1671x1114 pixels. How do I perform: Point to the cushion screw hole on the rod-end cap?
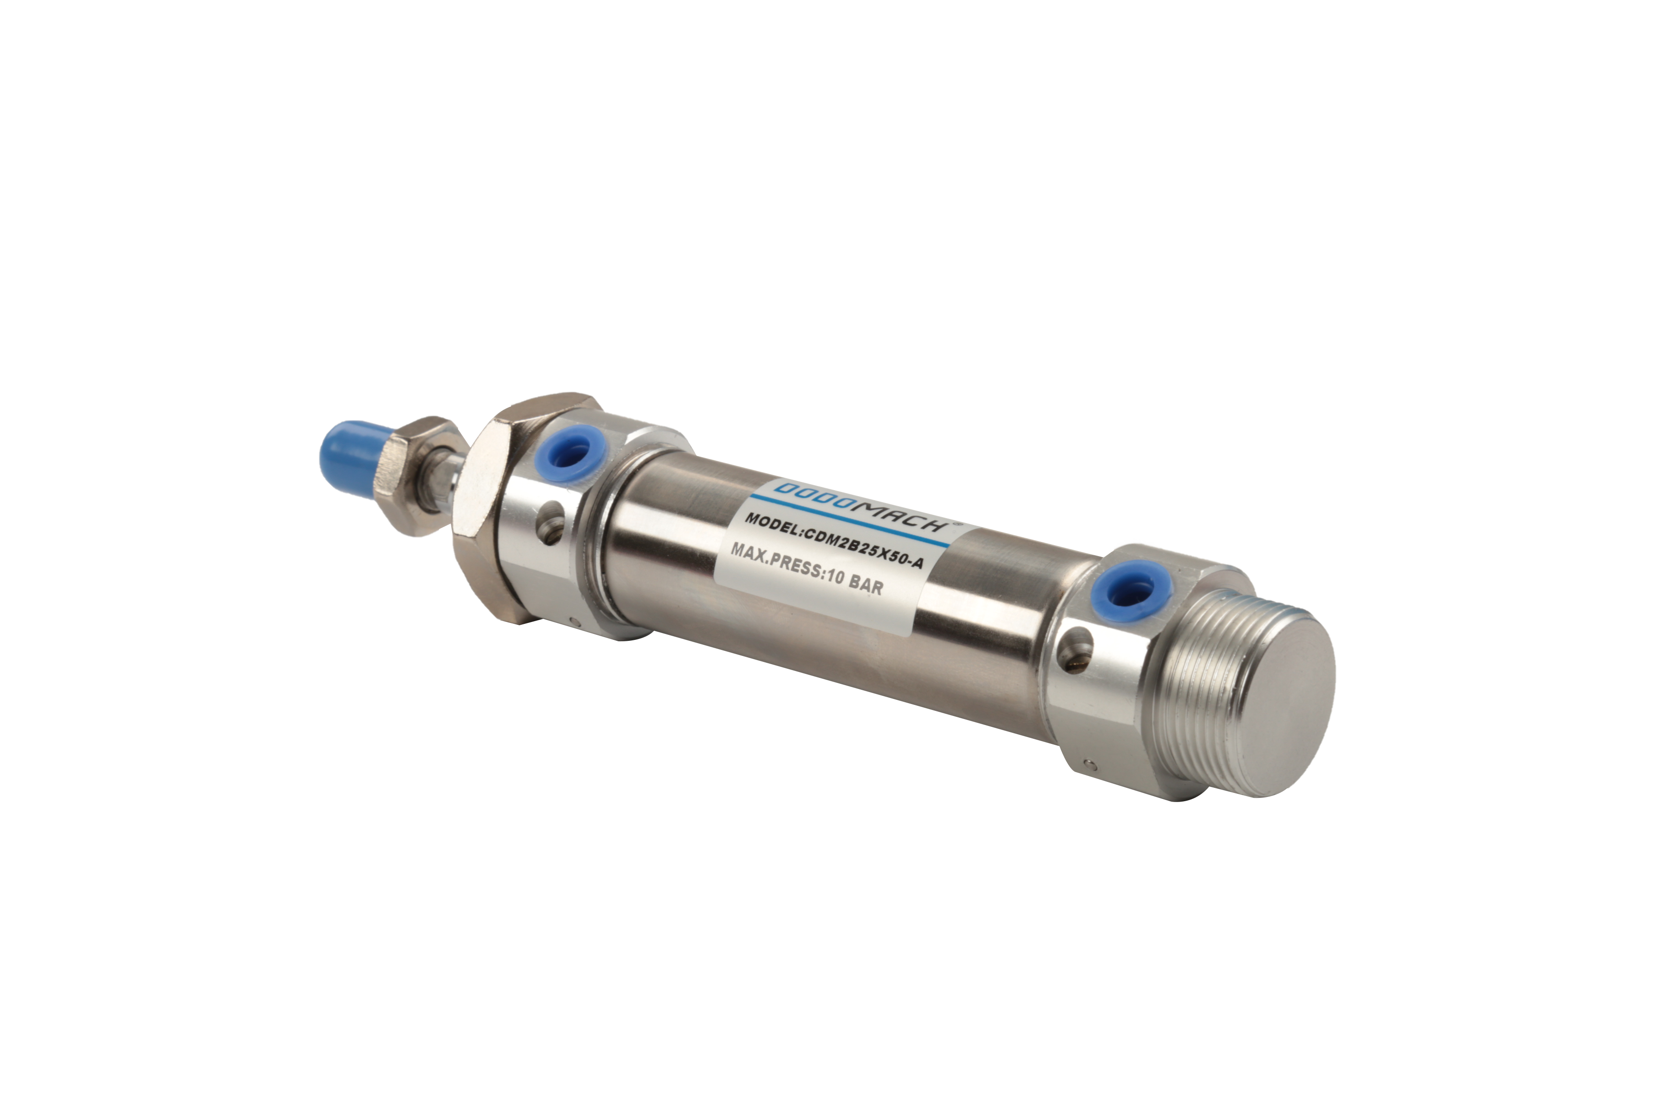[552, 526]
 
